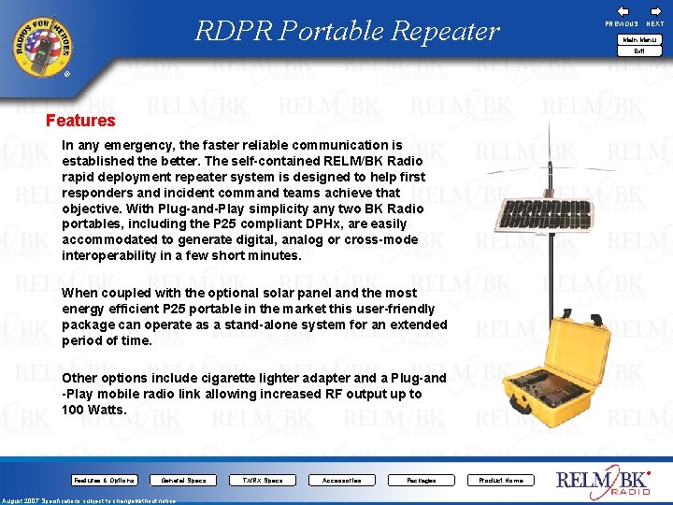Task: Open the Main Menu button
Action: [639, 39]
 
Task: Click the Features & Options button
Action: [104, 480]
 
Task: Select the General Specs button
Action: [183, 480]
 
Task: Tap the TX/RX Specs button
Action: [262, 480]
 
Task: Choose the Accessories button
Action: [341, 480]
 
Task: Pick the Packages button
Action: [421, 480]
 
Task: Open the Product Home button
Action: [501, 480]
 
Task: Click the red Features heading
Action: [80, 121]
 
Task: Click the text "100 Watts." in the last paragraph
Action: [93, 410]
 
